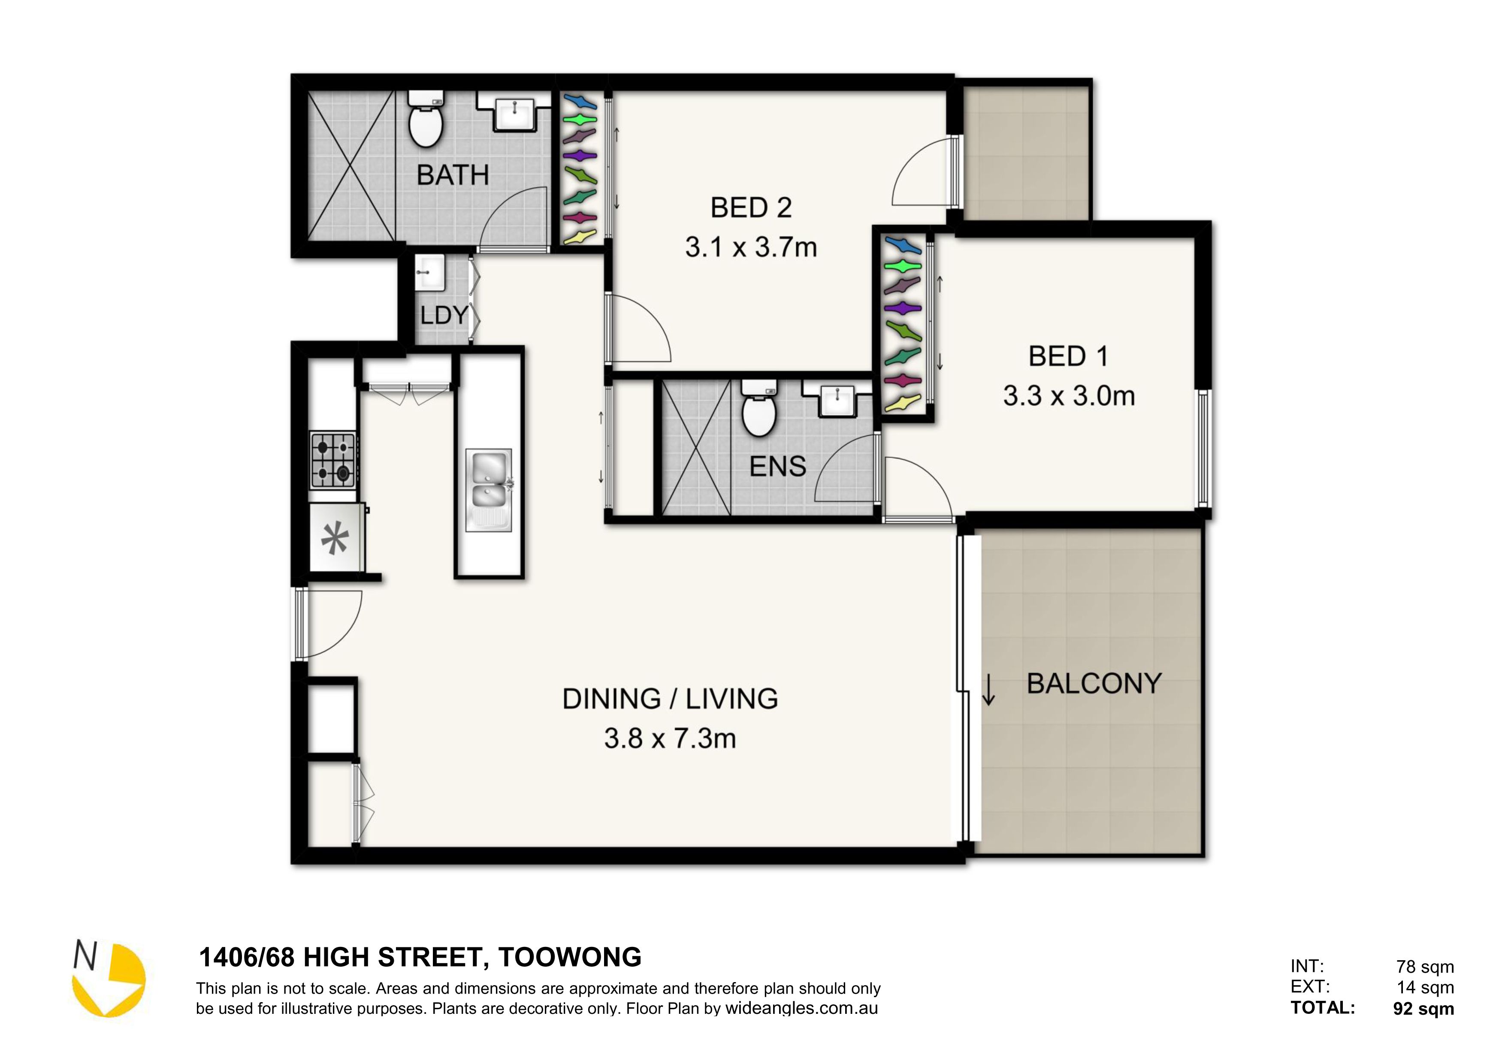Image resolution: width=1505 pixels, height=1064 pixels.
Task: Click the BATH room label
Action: (x=453, y=175)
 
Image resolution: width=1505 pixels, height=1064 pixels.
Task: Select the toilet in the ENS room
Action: (x=759, y=407)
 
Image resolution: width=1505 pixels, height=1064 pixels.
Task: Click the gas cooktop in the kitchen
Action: (x=333, y=460)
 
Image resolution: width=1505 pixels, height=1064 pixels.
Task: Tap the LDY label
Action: (x=444, y=316)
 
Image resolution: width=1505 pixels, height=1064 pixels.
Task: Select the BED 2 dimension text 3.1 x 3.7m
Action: (x=751, y=247)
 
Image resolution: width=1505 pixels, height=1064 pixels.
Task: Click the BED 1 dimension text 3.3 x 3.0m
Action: (x=1068, y=396)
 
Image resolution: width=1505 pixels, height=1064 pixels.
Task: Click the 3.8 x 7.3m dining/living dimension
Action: (x=670, y=738)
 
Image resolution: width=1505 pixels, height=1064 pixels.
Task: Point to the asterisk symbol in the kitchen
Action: (x=334, y=539)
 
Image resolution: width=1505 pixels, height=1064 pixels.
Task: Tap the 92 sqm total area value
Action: (x=1423, y=1009)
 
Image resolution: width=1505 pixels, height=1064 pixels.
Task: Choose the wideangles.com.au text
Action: (x=801, y=1008)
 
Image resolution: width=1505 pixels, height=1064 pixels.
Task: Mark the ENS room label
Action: (x=777, y=467)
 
